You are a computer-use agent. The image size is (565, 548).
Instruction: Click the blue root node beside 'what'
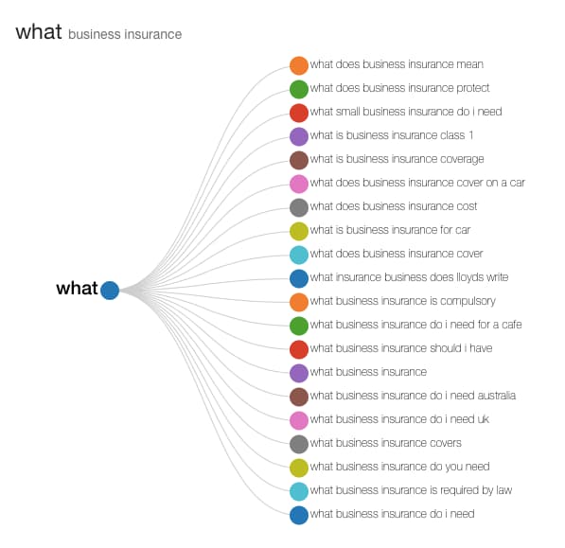click(x=110, y=291)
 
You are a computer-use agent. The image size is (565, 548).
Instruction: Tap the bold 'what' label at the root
click(x=77, y=289)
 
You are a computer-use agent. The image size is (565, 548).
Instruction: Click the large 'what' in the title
click(x=39, y=31)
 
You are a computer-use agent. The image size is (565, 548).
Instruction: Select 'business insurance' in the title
click(x=125, y=34)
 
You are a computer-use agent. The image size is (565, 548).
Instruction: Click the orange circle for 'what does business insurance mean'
click(x=299, y=65)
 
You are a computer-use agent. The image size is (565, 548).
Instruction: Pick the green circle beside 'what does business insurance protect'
click(x=299, y=89)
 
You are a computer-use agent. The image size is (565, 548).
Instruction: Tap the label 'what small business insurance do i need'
click(x=406, y=112)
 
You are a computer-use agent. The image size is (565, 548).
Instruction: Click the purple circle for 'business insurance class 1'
click(x=299, y=136)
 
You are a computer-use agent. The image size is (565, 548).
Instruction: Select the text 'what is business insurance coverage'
click(x=397, y=159)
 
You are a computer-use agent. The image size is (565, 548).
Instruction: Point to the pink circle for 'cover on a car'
click(x=299, y=184)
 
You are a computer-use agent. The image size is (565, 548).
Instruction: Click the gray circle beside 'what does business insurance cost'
click(x=299, y=207)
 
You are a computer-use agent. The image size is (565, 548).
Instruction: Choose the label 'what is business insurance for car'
click(x=390, y=230)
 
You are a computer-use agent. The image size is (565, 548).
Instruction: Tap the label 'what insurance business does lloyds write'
click(x=409, y=277)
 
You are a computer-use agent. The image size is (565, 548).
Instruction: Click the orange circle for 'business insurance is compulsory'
click(x=299, y=302)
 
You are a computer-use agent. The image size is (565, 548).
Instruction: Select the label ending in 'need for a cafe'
click(x=415, y=325)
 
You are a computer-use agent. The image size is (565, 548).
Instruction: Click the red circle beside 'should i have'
click(x=299, y=349)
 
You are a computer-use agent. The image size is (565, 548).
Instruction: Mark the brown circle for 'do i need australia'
click(x=299, y=397)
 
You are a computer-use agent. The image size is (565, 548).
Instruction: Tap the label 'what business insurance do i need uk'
click(x=399, y=419)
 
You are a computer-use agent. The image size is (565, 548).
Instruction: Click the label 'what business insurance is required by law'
click(x=411, y=490)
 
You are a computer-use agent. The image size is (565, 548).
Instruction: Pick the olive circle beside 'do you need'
click(x=299, y=468)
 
